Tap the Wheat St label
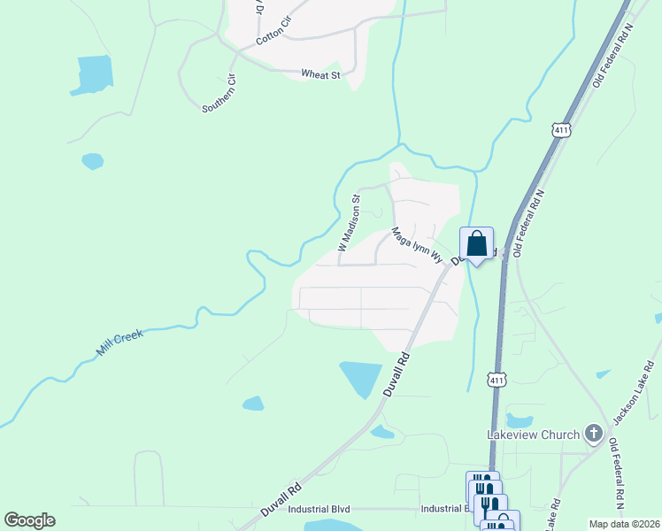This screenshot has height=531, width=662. (x=320, y=75)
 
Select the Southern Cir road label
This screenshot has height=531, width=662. (x=219, y=93)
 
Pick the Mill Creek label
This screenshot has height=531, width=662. (x=119, y=343)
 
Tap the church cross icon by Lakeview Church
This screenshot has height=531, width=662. (x=593, y=434)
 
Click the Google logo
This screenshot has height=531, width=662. (x=29, y=520)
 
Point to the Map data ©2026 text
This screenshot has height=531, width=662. (x=624, y=524)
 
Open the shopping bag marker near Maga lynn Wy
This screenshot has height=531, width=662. (x=476, y=243)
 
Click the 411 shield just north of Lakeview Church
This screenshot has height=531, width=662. (x=497, y=380)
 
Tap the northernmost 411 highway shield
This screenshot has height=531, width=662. (x=561, y=130)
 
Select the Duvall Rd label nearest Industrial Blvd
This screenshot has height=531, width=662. (x=282, y=500)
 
